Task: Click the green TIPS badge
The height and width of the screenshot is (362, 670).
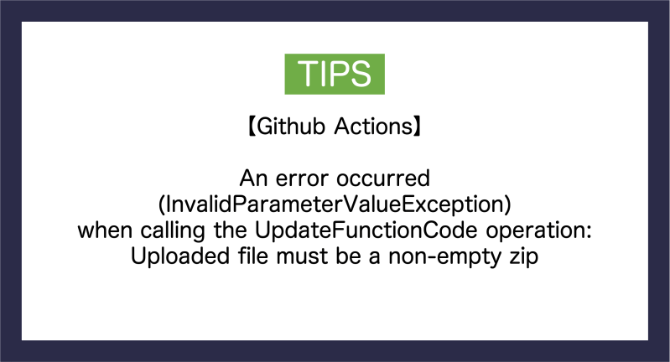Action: [335, 74]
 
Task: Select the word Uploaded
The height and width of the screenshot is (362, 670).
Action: [173, 256]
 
